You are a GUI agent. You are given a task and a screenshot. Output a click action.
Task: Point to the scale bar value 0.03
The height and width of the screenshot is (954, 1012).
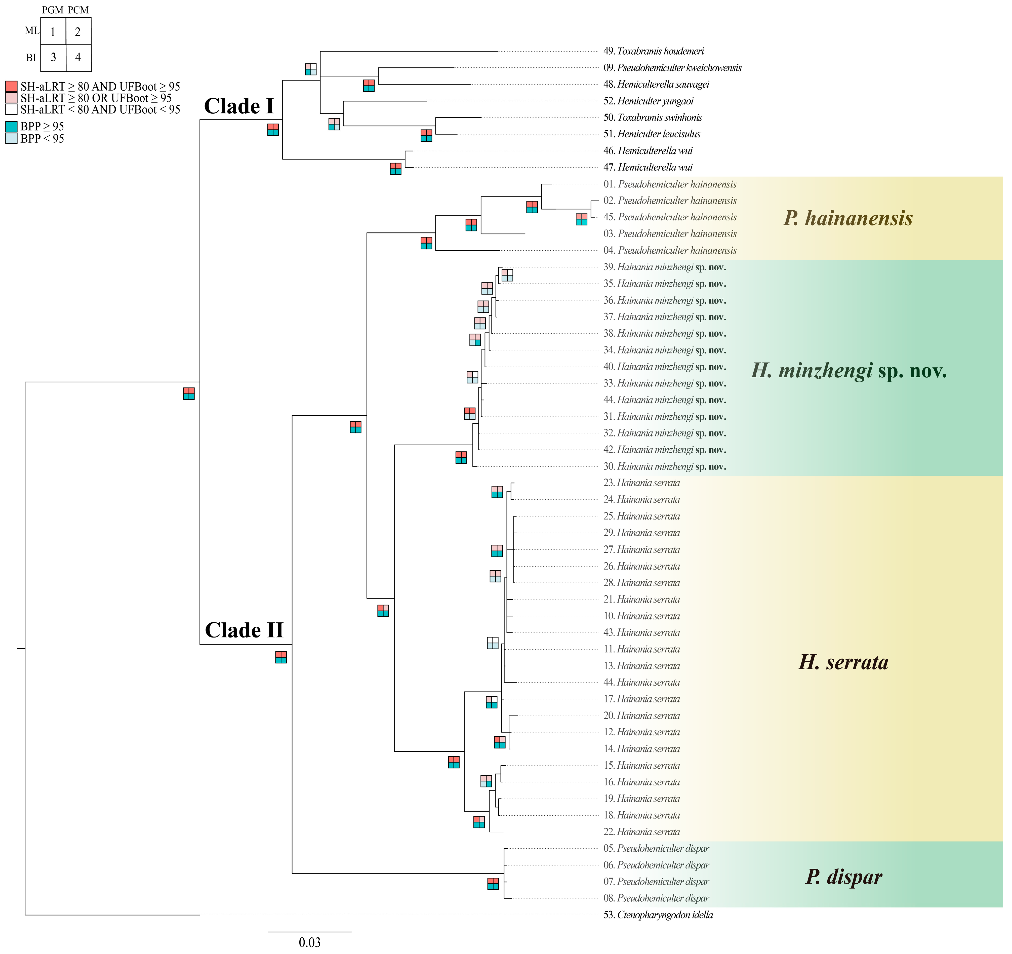[309, 942]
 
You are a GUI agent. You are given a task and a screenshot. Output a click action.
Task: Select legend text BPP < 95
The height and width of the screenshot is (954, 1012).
[42, 138]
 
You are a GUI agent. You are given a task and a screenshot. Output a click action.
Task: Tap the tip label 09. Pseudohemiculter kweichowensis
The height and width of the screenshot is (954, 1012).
[672, 68]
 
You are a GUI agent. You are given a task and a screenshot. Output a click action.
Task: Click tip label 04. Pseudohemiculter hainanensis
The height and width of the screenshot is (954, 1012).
[670, 251]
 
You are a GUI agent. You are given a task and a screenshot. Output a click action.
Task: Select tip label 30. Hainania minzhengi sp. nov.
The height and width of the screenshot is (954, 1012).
[664, 466]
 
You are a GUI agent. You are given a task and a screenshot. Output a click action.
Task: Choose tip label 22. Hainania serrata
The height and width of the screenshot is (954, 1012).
[641, 832]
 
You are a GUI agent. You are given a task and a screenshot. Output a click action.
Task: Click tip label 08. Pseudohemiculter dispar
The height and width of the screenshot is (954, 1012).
[656, 898]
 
